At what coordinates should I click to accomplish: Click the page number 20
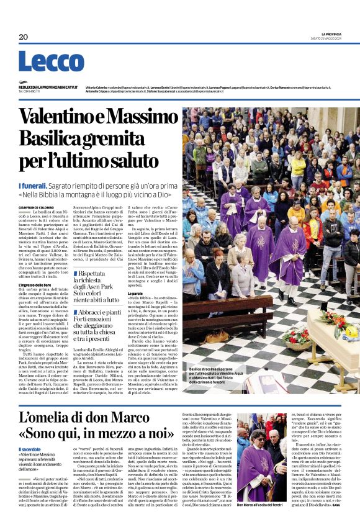tap(24, 37)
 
